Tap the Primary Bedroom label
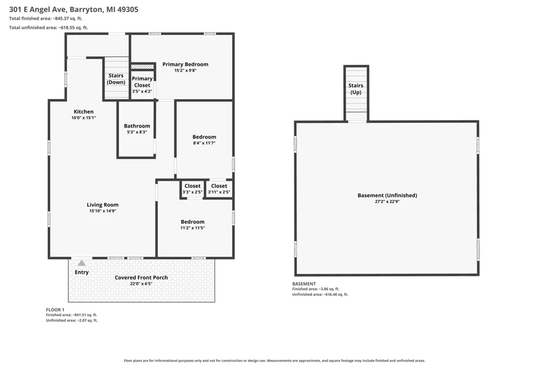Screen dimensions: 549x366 pyautogui.click(x=185, y=64)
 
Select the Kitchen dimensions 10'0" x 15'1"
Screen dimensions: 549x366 pyautogui.click(x=83, y=118)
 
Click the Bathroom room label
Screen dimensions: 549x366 pyautogui.click(x=137, y=126)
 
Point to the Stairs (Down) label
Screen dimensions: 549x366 pyautogui.click(x=116, y=79)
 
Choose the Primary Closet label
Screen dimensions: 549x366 pyautogui.click(x=142, y=82)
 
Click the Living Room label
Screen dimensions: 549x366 pyautogui.click(x=103, y=205)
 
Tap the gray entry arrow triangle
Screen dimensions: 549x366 pyautogui.click(x=82, y=263)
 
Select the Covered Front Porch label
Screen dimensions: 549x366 pyautogui.click(x=141, y=278)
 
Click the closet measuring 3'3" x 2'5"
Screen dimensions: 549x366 pyautogui.click(x=192, y=189)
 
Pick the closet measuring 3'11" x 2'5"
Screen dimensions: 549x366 pyautogui.click(x=219, y=189)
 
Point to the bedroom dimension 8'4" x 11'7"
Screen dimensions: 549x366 pyautogui.click(x=204, y=143)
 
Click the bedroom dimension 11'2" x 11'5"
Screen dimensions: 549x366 pyautogui.click(x=193, y=228)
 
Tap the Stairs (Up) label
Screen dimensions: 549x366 pyautogui.click(x=356, y=88)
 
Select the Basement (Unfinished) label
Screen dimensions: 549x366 pyautogui.click(x=387, y=195)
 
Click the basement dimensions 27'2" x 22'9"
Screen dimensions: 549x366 pyautogui.click(x=387, y=202)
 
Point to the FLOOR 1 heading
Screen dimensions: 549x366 pyautogui.click(x=55, y=309)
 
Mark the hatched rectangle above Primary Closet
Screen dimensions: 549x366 pyautogui.click(x=142, y=66)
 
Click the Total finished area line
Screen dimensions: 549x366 pyautogui.click(x=46, y=19)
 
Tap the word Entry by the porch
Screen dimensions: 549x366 pyautogui.click(x=82, y=272)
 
